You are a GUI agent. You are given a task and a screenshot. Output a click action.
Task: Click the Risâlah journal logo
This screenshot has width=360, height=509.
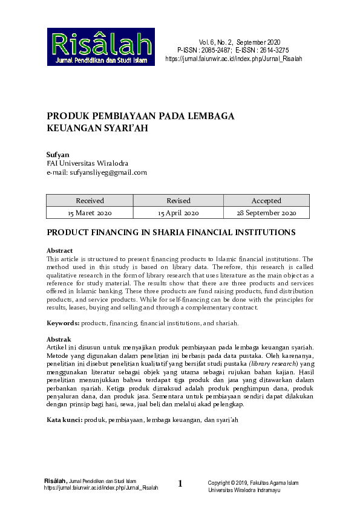pos(101,47)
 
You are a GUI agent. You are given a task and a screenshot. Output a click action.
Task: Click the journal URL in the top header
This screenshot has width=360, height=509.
pos(233,59)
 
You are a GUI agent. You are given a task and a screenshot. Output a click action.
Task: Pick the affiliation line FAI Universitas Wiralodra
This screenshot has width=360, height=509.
pos(87,163)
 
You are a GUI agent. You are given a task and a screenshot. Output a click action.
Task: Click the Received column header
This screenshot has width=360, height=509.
pos(90,201)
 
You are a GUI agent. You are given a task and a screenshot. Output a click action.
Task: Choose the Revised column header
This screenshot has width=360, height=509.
pos(178,201)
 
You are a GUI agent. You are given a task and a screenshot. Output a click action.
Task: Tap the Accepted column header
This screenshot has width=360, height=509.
pos(266,201)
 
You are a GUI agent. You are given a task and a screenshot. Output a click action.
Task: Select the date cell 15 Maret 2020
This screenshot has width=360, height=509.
pos(90,213)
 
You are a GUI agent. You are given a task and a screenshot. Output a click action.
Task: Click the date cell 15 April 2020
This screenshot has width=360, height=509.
pos(178,213)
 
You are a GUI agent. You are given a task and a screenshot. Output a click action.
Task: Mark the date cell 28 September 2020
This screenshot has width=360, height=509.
pos(266,213)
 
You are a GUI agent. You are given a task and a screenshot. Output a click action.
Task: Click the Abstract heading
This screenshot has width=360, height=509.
pos(59,250)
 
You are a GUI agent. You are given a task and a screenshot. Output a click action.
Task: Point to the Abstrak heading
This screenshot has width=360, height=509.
pos(59,339)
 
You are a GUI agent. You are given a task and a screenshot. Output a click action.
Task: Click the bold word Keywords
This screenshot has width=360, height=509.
pos(63,323)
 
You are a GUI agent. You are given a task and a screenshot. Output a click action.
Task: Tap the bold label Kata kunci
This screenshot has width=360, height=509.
pos(65,402)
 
